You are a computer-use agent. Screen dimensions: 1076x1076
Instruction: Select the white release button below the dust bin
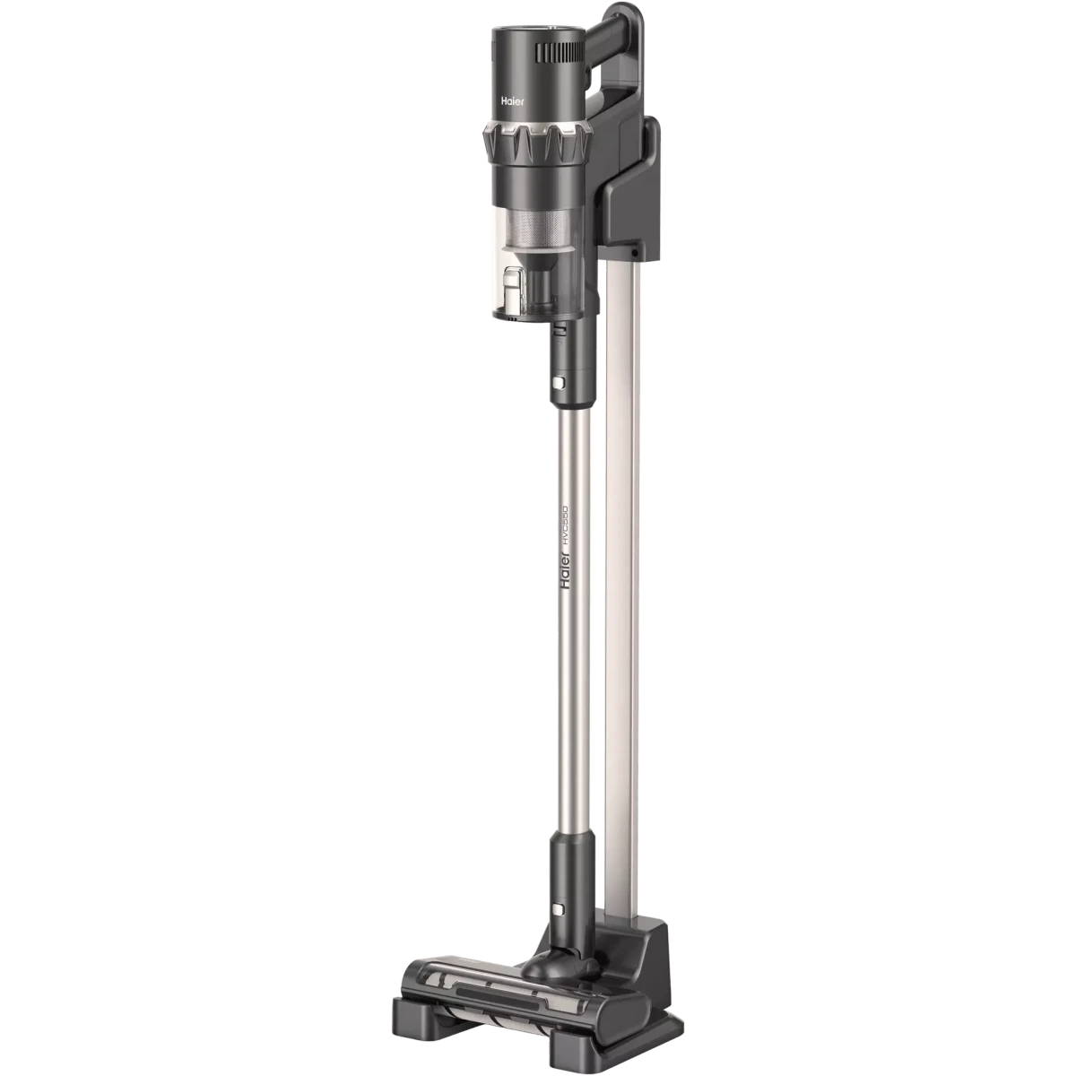(559, 383)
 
